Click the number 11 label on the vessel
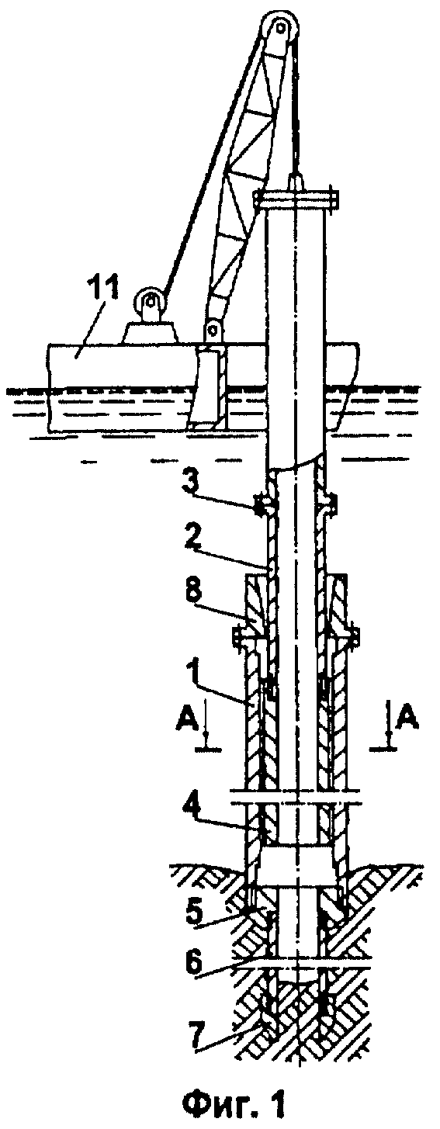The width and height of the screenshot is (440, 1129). point(102,293)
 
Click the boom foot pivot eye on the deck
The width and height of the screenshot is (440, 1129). point(213,330)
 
